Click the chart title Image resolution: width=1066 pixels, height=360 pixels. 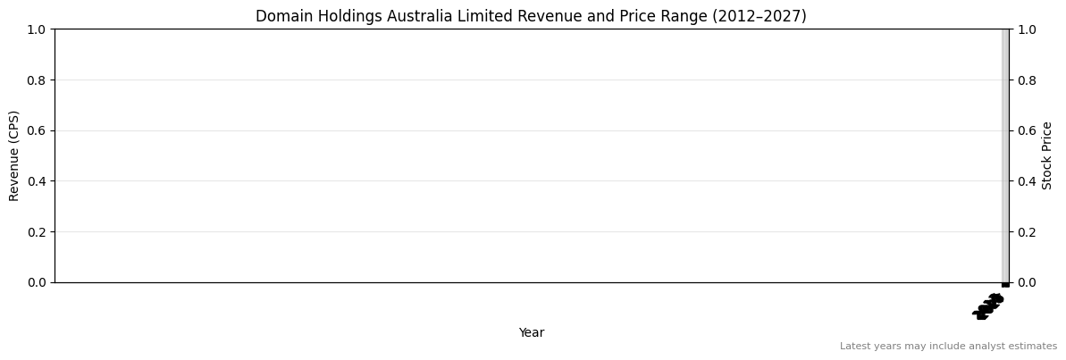pyautogui.click(x=531, y=16)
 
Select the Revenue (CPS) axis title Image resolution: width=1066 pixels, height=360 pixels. pyautogui.click(x=15, y=155)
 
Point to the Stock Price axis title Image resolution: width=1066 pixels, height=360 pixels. pyautogui.click(x=1047, y=155)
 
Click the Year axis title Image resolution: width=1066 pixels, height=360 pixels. pyautogui.click(x=532, y=332)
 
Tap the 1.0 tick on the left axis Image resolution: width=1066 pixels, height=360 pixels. pyautogui.click(x=37, y=29)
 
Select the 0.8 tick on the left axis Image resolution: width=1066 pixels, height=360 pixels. pyautogui.click(x=37, y=80)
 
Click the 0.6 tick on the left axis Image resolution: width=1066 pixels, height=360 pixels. pyautogui.click(x=37, y=130)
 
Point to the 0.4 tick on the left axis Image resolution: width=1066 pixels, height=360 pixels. pyautogui.click(x=37, y=181)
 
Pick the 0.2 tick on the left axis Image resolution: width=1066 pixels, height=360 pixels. pyautogui.click(x=37, y=231)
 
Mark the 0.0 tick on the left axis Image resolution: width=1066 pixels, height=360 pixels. pyautogui.click(x=37, y=282)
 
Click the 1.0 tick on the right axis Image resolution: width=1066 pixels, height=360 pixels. pyautogui.click(x=1027, y=29)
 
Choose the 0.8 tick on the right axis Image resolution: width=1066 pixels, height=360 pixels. pyautogui.click(x=1027, y=80)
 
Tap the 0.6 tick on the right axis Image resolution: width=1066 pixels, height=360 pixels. pyautogui.click(x=1027, y=130)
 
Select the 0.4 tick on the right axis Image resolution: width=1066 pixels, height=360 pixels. pyautogui.click(x=1027, y=181)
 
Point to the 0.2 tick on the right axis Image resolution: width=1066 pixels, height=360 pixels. pyautogui.click(x=1027, y=231)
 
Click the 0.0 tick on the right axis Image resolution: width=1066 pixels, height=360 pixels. pyautogui.click(x=1027, y=282)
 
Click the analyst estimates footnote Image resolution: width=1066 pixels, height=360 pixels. pyautogui.click(x=948, y=346)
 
